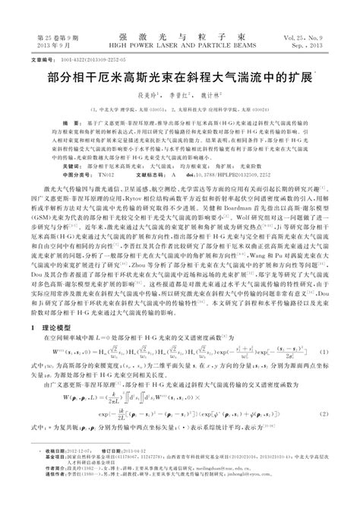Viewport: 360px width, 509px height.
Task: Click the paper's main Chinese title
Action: [179, 78]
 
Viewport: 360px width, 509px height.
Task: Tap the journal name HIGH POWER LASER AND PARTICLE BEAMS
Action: [179, 44]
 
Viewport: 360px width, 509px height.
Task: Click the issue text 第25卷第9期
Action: [42, 36]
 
